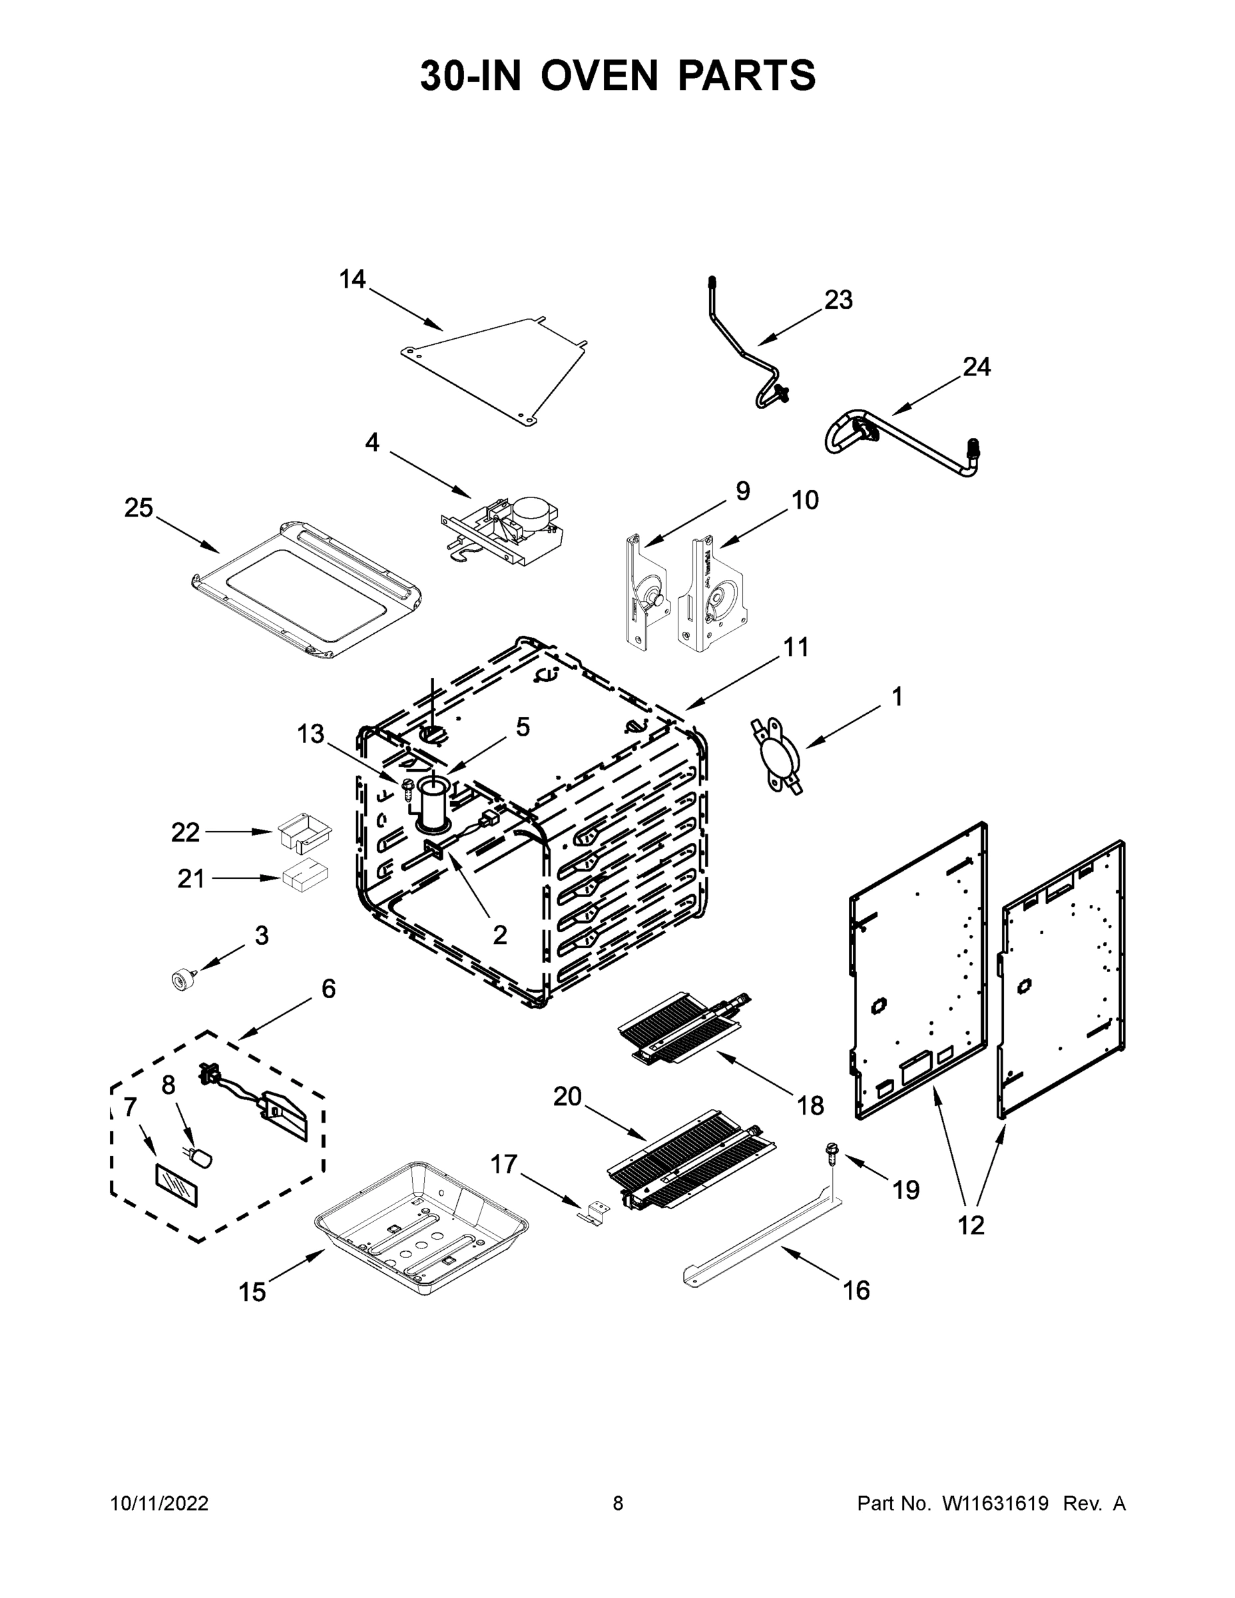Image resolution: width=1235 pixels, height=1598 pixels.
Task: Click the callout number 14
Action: (x=352, y=279)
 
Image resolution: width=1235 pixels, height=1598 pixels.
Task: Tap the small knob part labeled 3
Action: (x=180, y=978)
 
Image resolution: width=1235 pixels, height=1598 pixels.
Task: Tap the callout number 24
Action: (x=976, y=367)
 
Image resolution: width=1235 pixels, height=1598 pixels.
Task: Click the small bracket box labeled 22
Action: (x=304, y=833)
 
